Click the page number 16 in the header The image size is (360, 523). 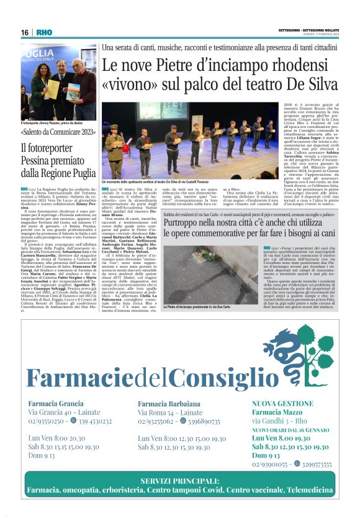coord(24,32)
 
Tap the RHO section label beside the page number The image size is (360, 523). coord(44,32)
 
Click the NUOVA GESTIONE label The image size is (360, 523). coord(280,403)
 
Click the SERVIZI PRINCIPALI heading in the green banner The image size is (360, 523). coord(179,481)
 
